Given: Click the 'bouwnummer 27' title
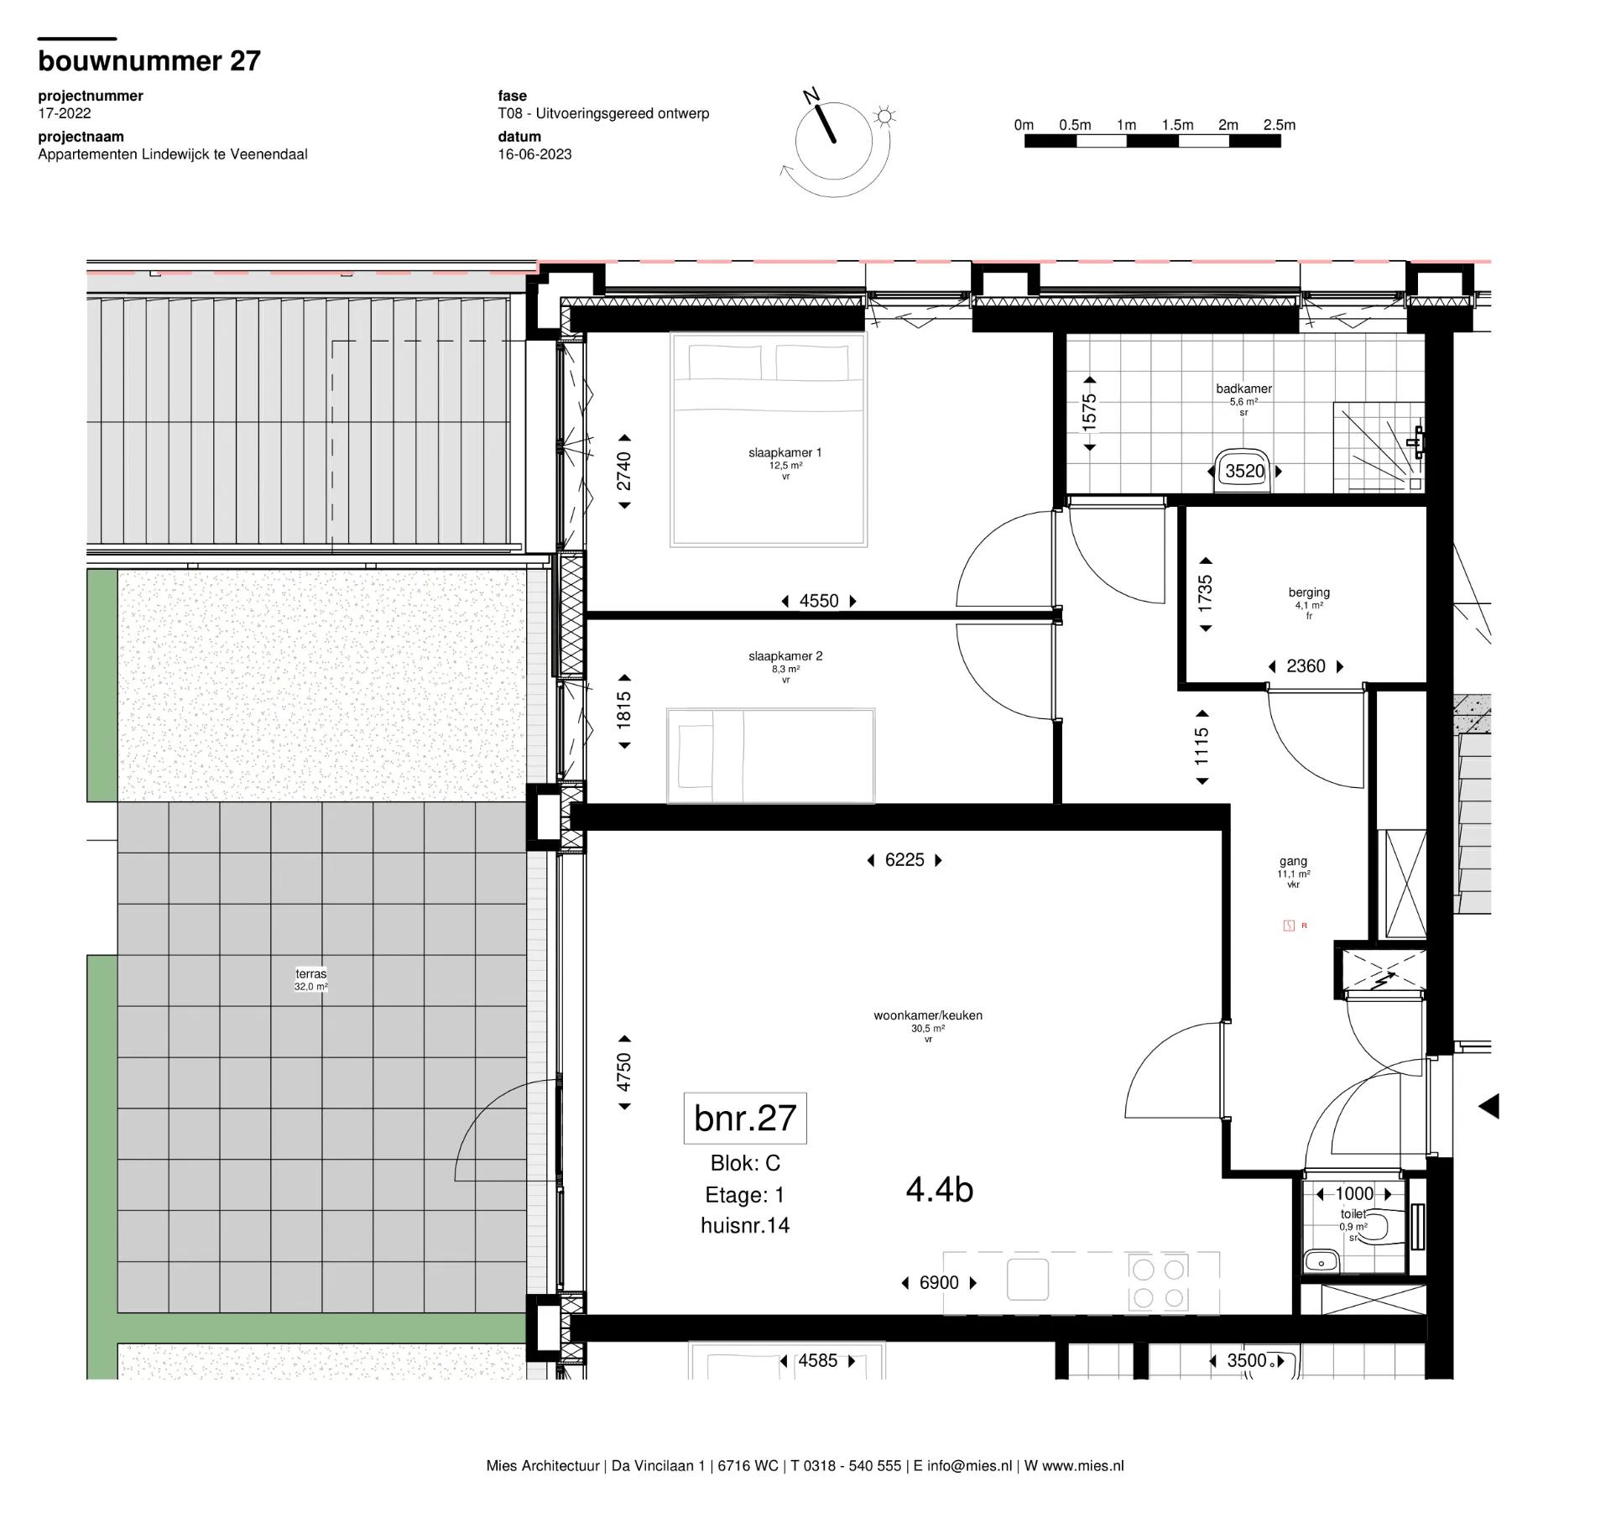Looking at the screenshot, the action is [149, 60].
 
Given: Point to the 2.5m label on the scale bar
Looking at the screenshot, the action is [1279, 125].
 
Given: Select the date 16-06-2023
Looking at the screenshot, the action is [534, 154].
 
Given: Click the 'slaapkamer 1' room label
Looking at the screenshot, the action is [785, 453].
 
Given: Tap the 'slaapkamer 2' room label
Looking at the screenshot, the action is [785, 656].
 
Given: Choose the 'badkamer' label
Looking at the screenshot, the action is [1243, 389].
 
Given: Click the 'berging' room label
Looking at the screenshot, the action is [1309, 592].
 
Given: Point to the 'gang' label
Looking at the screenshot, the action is [1293, 861].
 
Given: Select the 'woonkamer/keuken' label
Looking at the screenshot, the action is [928, 1015].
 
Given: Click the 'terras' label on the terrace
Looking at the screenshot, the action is [310, 974].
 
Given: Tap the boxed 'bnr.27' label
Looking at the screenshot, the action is [745, 1118].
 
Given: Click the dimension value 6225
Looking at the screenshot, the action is [905, 860].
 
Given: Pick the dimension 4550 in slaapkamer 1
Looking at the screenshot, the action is [819, 601].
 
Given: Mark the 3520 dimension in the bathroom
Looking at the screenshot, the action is [1244, 472].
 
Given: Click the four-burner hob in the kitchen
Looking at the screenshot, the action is [1159, 1283].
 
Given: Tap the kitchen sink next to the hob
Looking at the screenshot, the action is [1028, 1280].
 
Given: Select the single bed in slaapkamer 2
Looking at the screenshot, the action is [770, 756].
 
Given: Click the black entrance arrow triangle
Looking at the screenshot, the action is [1488, 1107].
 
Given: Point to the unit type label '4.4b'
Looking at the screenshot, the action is [940, 1190].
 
